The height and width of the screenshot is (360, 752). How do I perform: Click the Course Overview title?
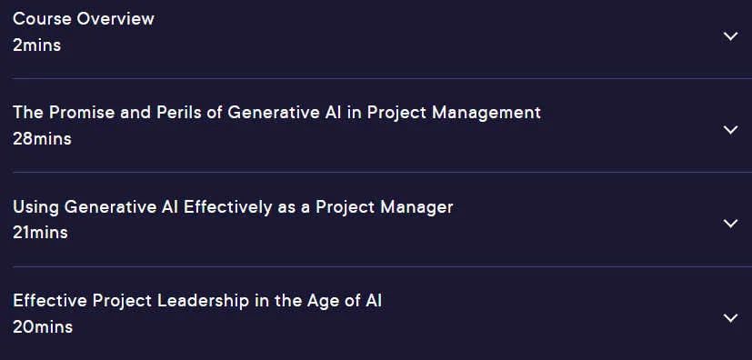pyautogui.click(x=84, y=19)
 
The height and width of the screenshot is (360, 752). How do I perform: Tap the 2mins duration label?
pyautogui.click(x=37, y=45)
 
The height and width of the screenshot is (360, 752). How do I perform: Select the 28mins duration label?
pyautogui.click(x=42, y=139)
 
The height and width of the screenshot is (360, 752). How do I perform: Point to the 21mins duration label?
pyautogui.click(x=40, y=233)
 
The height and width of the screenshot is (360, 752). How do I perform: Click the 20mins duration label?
pyautogui.click(x=43, y=327)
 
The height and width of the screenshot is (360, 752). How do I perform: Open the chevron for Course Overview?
pyautogui.click(x=730, y=36)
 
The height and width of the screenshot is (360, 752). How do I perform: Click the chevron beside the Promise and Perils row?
pyautogui.click(x=730, y=129)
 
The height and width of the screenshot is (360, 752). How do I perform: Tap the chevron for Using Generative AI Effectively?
pyautogui.click(x=730, y=224)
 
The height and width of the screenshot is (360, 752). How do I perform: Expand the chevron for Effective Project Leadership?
pyautogui.click(x=730, y=318)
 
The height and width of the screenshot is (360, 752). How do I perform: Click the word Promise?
pyautogui.click(x=81, y=113)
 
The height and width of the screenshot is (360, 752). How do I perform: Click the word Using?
pyautogui.click(x=36, y=207)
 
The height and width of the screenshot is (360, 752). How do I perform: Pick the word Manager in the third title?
pyautogui.click(x=416, y=207)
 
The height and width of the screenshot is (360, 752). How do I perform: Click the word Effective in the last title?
pyautogui.click(x=50, y=301)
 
